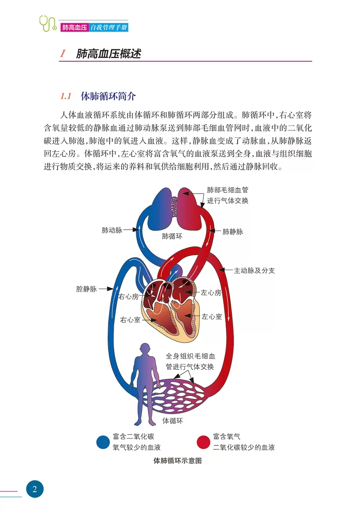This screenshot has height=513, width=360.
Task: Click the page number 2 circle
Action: tap(35, 489)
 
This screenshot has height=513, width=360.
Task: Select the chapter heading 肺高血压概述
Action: tap(108, 54)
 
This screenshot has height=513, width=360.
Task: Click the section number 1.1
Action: tap(66, 96)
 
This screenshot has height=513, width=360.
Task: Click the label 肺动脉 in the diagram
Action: tap(112, 230)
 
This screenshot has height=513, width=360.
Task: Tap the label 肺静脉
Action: tap(233, 232)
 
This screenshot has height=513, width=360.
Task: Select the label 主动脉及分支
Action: tap(255, 271)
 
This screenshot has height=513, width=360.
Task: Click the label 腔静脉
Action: tap(86, 289)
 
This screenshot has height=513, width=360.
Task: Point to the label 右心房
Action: tap(128, 297)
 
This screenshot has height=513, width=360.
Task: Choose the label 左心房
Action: tap(211, 293)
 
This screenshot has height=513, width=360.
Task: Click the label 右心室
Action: tap(130, 320)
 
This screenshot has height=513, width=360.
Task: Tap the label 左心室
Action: tap(212, 317)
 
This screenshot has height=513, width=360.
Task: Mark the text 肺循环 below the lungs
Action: tap(172, 236)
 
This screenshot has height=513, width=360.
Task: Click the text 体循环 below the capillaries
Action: tap(173, 421)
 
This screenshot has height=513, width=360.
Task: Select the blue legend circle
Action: tap(104, 442)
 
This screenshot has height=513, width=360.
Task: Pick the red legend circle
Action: tap(204, 442)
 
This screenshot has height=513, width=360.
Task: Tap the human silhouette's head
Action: tap(144, 349)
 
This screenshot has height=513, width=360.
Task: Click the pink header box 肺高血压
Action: tap(74, 28)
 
